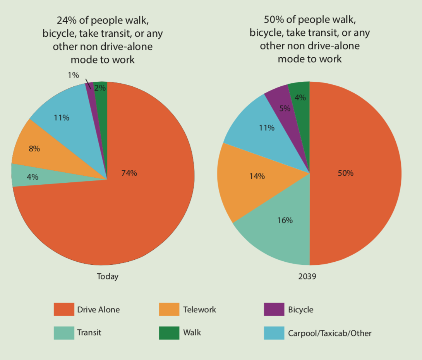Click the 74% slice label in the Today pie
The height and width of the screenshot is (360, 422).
coord(129,173)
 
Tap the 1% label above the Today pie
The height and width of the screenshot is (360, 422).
coord(73,75)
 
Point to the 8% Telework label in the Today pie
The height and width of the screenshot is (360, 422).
coord(34,149)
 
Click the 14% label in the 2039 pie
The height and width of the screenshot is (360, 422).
coord(257,176)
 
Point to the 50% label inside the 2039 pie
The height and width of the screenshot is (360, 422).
coord(345,173)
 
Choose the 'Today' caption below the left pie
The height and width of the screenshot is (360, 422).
coord(107,276)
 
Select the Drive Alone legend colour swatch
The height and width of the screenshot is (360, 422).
coord(63,309)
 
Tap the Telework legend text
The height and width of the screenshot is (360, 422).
coord(199,310)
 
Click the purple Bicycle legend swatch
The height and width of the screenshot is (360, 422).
coord(274,309)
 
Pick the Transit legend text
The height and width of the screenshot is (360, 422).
coord(89,333)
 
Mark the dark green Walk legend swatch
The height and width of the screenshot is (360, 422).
coord(169,333)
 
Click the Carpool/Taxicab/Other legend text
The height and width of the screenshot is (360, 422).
coord(329,333)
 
